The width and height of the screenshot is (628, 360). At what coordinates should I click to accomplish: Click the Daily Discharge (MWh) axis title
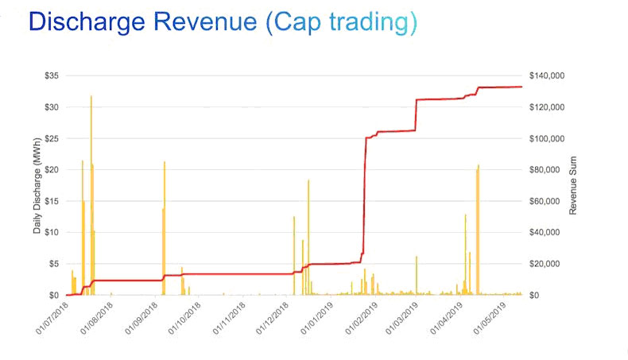click(x=37, y=186)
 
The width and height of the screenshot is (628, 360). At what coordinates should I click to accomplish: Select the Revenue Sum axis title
click(x=573, y=186)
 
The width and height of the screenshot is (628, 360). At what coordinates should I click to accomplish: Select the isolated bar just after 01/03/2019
click(x=417, y=275)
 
